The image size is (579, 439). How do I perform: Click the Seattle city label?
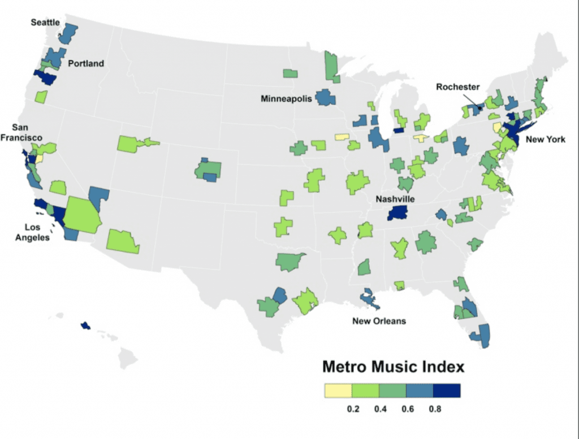click(45, 22)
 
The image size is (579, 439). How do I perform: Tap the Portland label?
click(86, 63)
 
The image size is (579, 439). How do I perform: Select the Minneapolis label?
click(286, 98)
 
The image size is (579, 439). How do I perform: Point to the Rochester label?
click(457, 87)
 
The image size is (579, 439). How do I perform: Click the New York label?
click(545, 139)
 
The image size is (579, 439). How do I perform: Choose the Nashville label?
click(396, 199)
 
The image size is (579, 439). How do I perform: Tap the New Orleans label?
click(379, 321)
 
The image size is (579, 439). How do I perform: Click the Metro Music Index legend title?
click(393, 367)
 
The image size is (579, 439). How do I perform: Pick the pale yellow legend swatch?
click(338, 390)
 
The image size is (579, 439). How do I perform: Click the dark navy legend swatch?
click(447, 390)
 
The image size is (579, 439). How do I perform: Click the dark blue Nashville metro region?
click(399, 213)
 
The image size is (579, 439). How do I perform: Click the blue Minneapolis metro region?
click(325, 97)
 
